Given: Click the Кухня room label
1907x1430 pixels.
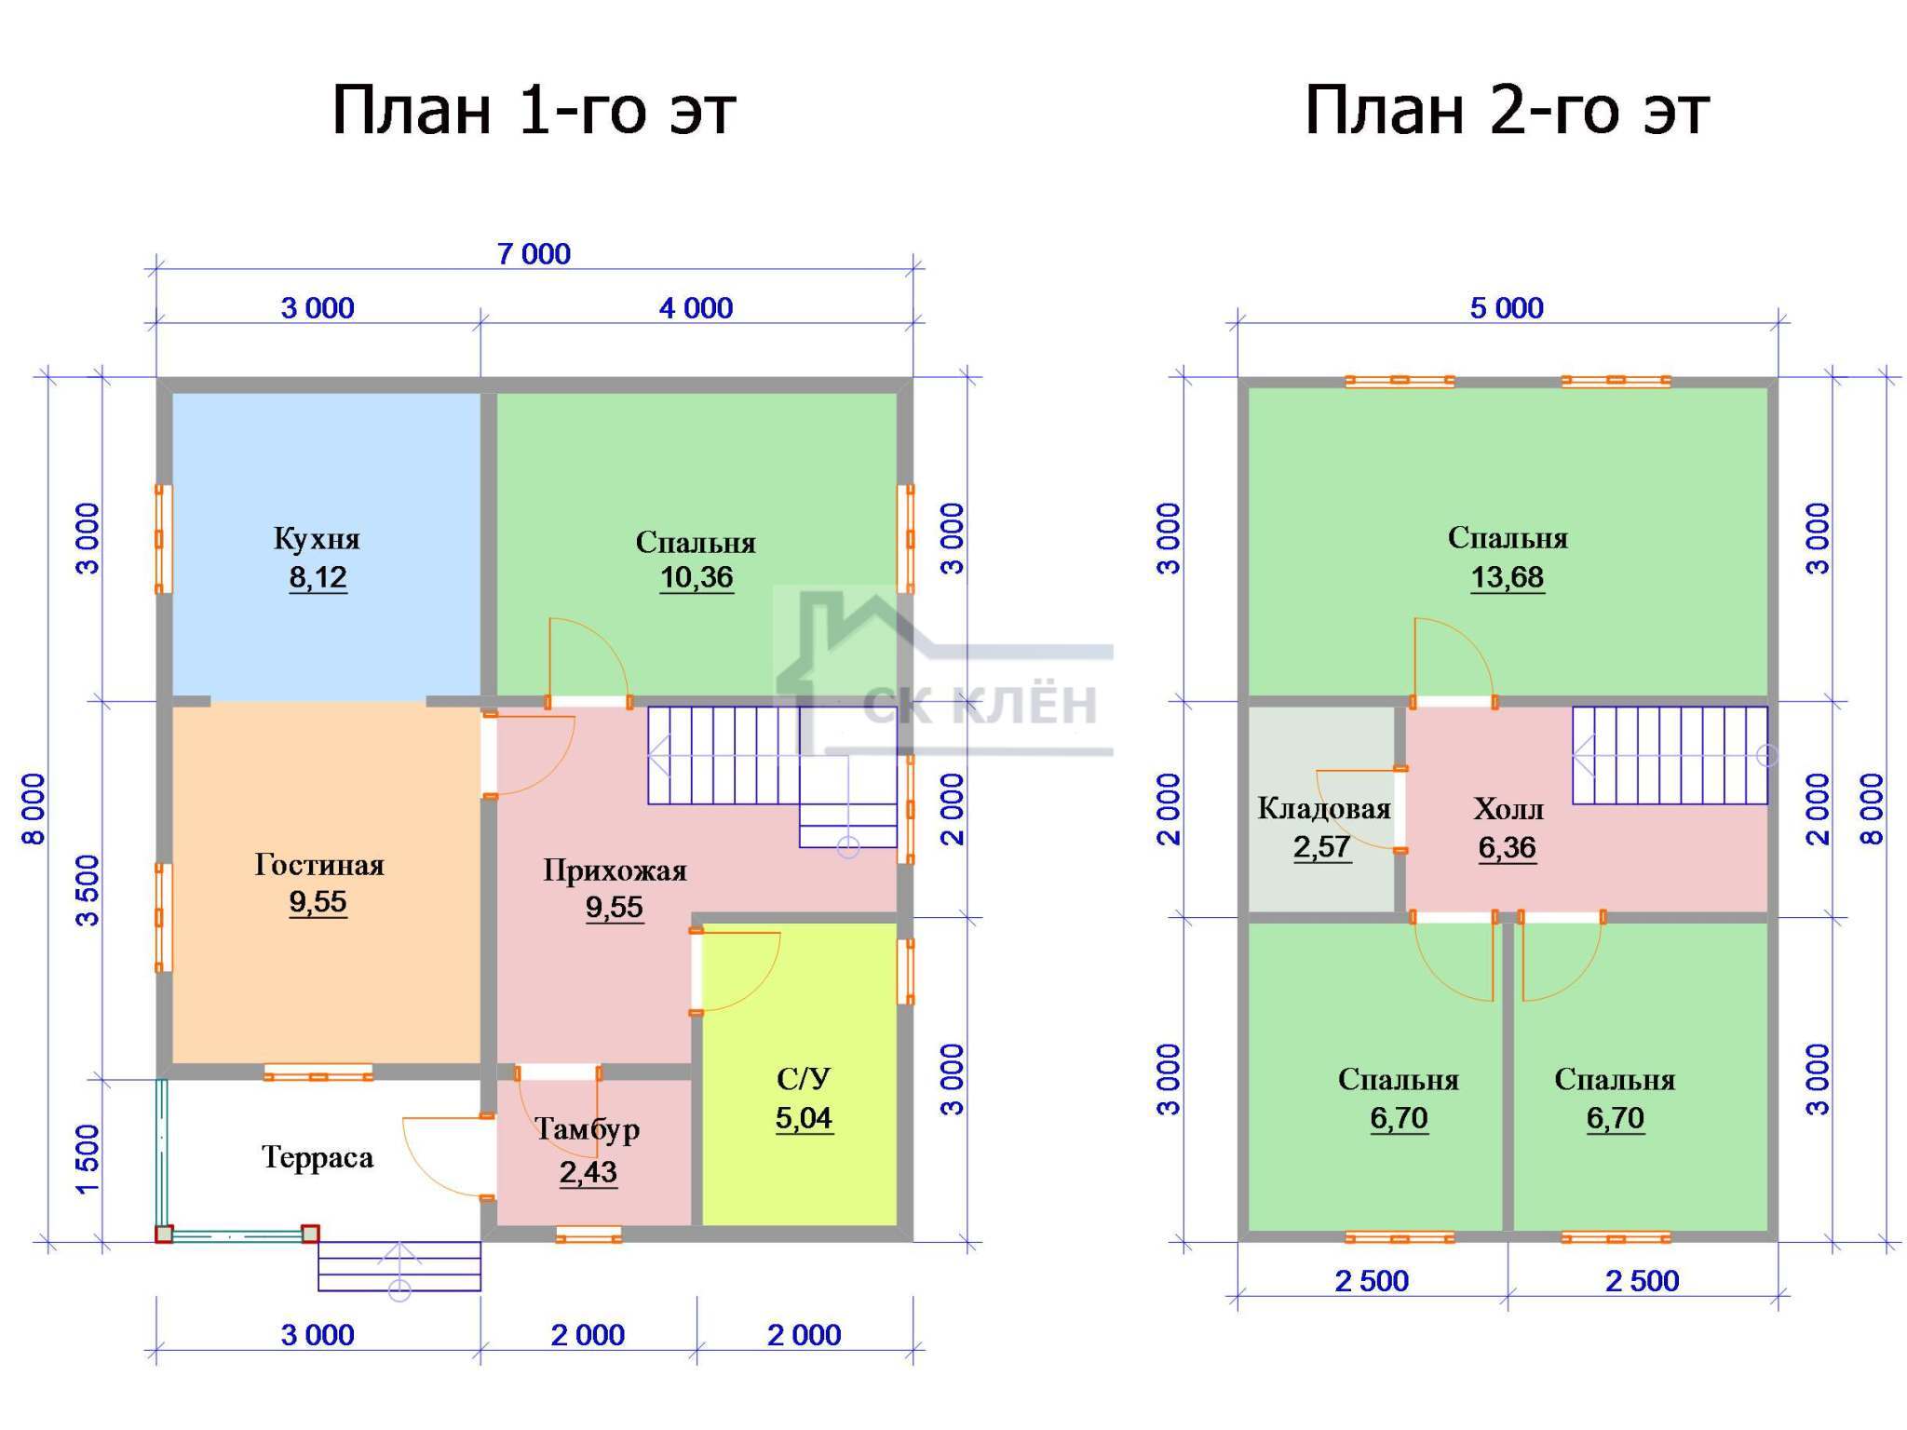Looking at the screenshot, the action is pyautogui.click(x=317, y=538).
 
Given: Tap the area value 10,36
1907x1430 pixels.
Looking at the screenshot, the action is pyautogui.click(x=697, y=578).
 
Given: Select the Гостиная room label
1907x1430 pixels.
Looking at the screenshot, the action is pyautogui.click(x=319, y=865).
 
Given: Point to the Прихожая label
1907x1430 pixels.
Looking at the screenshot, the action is pyautogui.click(x=615, y=870).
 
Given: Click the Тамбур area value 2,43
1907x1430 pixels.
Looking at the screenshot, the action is pyautogui.click(x=588, y=1172).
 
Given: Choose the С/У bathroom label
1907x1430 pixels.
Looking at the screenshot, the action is pyautogui.click(x=804, y=1079).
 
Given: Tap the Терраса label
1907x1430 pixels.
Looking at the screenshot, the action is pyautogui.click(x=318, y=1157).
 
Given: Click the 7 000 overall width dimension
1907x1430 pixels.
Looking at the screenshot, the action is pyautogui.click(x=534, y=253).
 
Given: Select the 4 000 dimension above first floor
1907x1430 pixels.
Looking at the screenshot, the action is pyautogui.click(x=696, y=307).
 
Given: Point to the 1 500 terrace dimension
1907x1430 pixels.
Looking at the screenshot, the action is pyautogui.click(x=86, y=1159).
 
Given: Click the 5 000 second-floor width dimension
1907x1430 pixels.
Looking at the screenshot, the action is pyautogui.click(x=1507, y=307).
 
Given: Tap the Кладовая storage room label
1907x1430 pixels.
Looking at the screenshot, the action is pyautogui.click(x=1324, y=808).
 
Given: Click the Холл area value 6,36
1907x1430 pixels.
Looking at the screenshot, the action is pyautogui.click(x=1508, y=848).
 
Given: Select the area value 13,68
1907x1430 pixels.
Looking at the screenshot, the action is pyautogui.click(x=1508, y=578).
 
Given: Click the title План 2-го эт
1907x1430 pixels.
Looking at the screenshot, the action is pyautogui.click(x=1507, y=111).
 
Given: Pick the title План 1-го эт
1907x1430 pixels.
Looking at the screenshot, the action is pyautogui.click(x=534, y=111).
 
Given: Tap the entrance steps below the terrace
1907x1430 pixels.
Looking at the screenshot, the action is pyautogui.click(x=399, y=1266).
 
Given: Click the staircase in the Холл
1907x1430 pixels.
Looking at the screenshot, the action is pyautogui.click(x=1670, y=755).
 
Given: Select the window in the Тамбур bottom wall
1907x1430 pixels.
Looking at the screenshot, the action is pyautogui.click(x=588, y=1234).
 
